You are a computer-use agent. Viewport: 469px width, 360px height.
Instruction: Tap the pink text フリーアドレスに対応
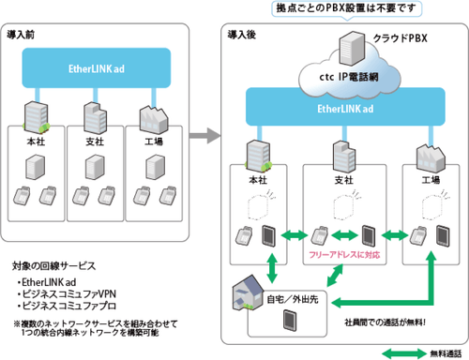(341, 254)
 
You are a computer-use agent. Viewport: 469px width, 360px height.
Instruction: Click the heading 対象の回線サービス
(55, 265)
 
